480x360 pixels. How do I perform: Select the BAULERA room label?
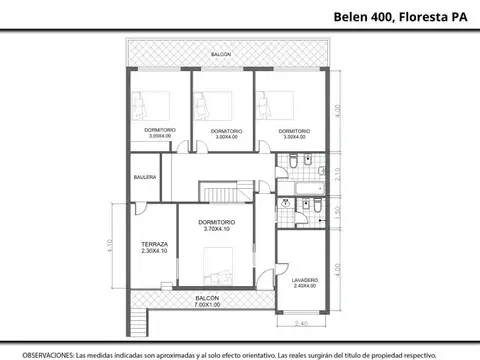coord(146,177)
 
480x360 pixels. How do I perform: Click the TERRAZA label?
coord(154,244)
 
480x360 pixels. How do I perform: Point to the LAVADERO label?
coord(306,279)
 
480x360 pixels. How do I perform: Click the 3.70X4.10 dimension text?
coord(216,229)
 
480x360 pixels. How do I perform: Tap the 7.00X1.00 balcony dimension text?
coord(207,305)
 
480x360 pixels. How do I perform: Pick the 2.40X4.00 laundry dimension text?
coord(306,286)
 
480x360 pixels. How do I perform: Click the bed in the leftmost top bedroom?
coord(146,103)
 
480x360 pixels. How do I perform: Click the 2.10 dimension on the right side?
coord(337,172)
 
